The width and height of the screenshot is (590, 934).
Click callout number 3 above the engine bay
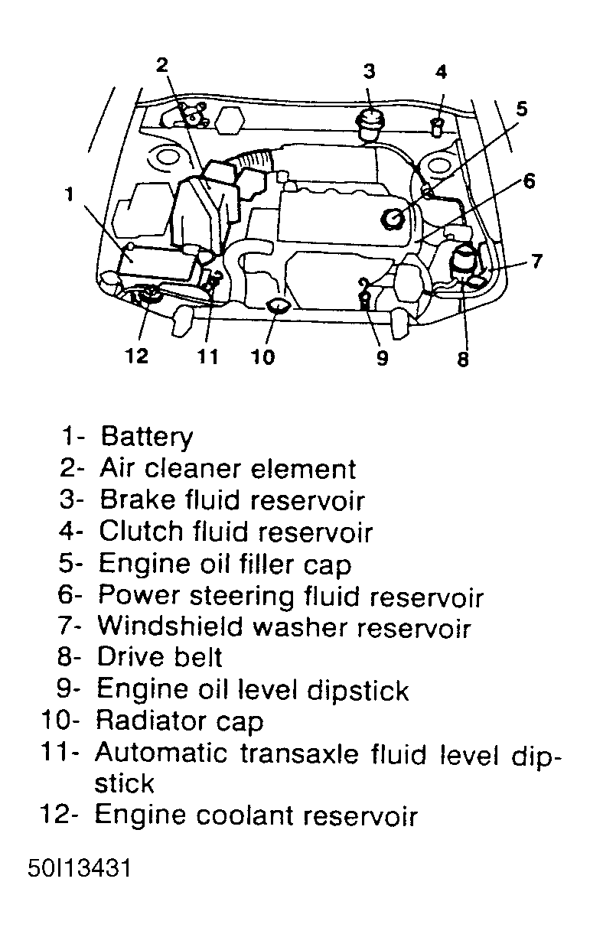tap(369, 71)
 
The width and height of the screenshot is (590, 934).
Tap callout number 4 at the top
tap(441, 73)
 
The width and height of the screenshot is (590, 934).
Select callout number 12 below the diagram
tap(137, 356)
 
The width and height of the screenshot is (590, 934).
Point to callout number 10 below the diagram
tap(262, 356)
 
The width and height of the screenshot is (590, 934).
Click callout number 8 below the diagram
tap(462, 359)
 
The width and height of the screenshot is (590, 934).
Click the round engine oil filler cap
tap(395, 220)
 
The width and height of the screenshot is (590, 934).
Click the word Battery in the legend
tap(147, 437)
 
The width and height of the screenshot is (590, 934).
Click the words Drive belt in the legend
tap(160, 658)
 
